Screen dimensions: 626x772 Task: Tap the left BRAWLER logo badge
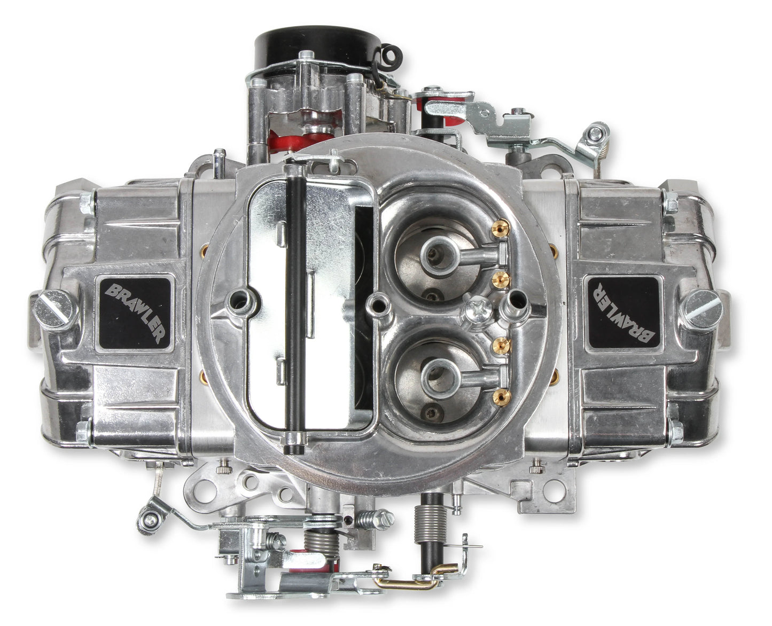135,314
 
